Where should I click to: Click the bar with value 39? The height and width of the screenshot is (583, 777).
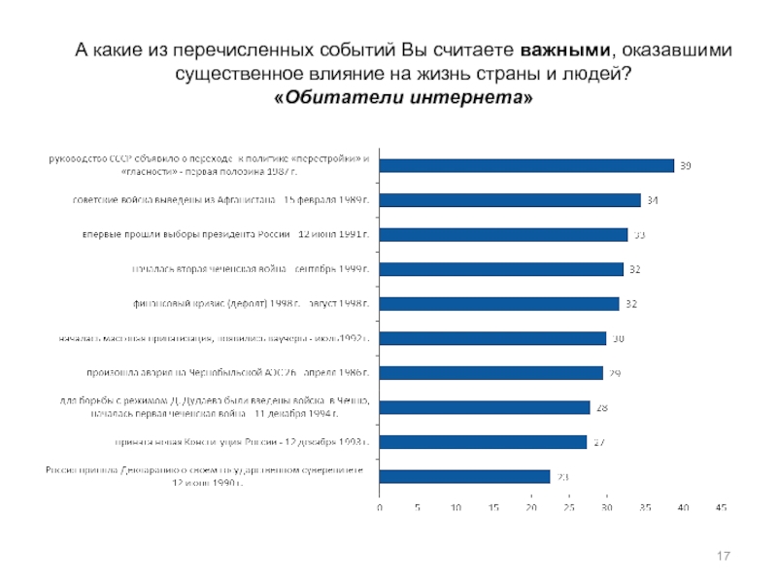(526, 166)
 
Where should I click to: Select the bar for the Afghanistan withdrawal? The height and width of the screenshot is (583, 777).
(510, 200)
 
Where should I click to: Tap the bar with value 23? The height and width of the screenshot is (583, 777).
(465, 476)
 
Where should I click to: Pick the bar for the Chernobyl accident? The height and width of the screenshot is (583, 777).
(490, 373)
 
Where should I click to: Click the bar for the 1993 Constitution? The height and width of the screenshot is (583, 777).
(483, 442)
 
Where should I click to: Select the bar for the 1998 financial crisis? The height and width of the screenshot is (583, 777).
(499, 304)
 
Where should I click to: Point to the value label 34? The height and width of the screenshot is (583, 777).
(653, 201)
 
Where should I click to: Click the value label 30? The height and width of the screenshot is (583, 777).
(618, 339)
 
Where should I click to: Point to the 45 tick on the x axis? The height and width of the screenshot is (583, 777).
(721, 508)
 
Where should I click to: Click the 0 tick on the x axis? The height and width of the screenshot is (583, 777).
(380, 508)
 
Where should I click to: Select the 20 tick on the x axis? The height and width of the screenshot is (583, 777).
(531, 508)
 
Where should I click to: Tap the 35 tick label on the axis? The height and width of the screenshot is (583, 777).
(645, 508)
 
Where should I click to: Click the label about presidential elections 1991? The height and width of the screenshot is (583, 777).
(225, 235)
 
